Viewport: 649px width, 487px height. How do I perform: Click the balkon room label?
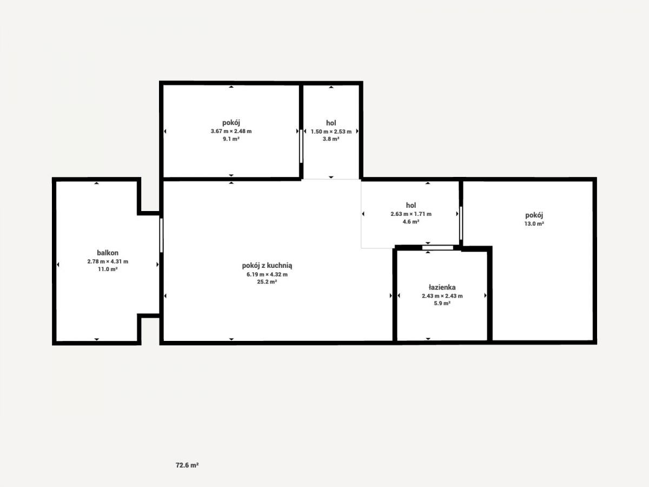(x=108, y=253)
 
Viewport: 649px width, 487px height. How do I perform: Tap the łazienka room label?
(x=442, y=287)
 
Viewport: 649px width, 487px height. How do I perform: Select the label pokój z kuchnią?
(x=267, y=266)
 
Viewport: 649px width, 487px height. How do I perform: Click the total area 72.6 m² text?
(x=187, y=465)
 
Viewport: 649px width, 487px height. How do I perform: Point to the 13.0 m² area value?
(x=534, y=224)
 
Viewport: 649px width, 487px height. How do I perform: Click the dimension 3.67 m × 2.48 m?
(x=231, y=131)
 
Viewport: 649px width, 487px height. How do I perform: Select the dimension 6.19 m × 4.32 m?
(x=267, y=274)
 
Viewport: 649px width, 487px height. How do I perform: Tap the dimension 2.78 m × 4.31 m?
(x=108, y=261)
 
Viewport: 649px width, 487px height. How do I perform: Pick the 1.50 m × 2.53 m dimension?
(x=331, y=131)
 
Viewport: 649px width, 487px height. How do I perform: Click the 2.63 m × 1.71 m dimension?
(x=410, y=214)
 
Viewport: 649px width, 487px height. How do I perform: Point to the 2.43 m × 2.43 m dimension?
(x=442, y=295)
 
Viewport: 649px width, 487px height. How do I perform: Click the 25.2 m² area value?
(x=267, y=282)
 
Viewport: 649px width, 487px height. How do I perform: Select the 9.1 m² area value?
(x=231, y=139)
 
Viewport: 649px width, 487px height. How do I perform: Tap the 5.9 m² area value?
(x=442, y=304)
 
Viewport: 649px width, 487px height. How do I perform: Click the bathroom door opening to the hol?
(x=438, y=247)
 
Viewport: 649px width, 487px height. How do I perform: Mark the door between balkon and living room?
(x=161, y=235)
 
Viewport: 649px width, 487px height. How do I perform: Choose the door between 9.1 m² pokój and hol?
(x=301, y=146)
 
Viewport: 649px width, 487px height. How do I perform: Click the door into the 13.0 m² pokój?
(x=461, y=223)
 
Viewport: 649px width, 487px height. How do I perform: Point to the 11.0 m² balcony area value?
(x=108, y=269)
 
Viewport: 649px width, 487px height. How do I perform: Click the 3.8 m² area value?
(x=331, y=139)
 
